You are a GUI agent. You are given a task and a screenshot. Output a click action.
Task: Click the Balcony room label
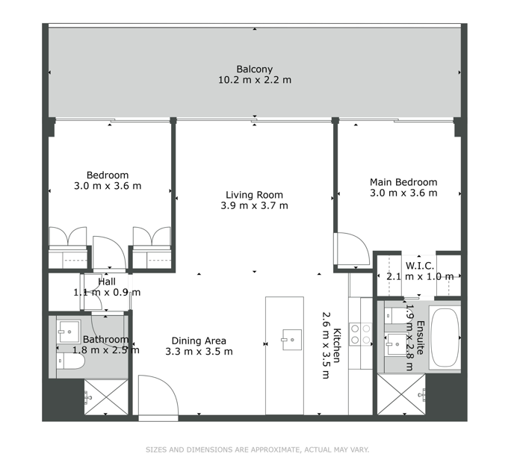coord(254,69)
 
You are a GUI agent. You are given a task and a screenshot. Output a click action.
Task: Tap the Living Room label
coord(254,195)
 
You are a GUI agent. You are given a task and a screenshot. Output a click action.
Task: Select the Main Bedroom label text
coord(403,182)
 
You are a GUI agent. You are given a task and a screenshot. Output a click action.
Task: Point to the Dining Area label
coord(199,341)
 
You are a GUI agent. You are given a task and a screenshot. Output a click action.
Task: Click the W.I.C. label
coord(420,266)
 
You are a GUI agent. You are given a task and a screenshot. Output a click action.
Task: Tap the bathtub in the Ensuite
coord(445,338)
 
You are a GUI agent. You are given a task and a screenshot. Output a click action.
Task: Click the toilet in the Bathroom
coord(70,361)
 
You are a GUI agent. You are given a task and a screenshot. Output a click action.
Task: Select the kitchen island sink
coord(292,340)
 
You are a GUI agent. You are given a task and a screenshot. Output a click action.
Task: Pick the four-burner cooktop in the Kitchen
coord(360,334)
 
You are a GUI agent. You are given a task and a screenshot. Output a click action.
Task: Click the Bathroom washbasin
coord(69,332)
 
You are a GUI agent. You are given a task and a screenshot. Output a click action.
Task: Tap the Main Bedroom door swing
coord(353,249)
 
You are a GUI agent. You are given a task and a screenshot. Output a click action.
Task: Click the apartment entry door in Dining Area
coord(158,395)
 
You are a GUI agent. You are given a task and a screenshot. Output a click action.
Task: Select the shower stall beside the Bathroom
coord(106,397)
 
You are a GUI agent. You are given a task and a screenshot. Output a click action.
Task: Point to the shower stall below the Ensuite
coord(401,394)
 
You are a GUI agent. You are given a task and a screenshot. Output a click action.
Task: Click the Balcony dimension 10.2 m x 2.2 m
coord(255,80)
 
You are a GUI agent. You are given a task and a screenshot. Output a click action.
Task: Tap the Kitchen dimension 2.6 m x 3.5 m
coord(326,345)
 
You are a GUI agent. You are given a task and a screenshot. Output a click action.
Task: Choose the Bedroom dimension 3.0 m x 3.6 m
coord(108,186)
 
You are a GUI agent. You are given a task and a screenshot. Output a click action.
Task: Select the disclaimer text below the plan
coord(257,450)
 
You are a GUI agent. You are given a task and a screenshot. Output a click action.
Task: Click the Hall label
coord(107,282)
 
